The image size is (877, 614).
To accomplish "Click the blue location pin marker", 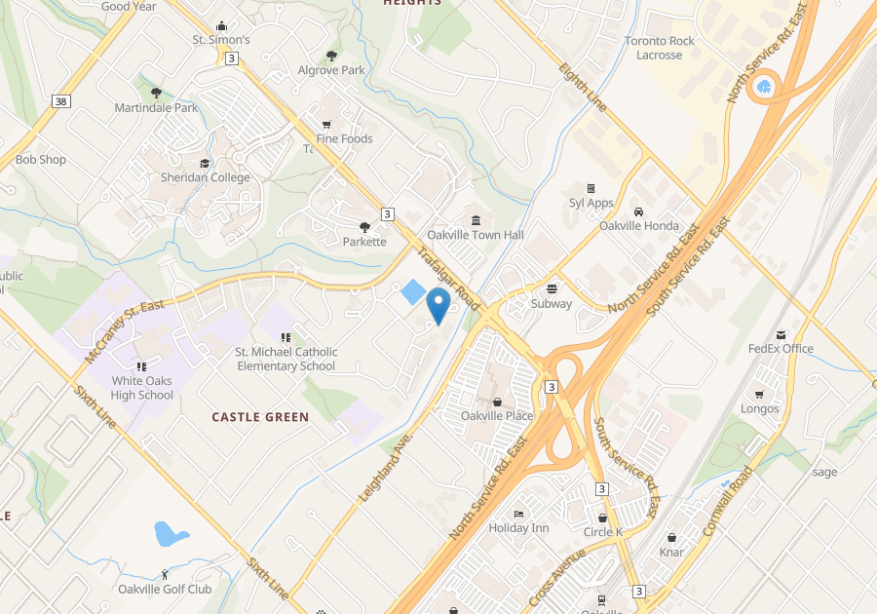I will [438, 305].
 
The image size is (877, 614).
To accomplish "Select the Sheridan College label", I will [205, 177].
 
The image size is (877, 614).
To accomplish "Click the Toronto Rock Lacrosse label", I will [660, 48].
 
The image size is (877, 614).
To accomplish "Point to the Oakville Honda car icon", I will [638, 211].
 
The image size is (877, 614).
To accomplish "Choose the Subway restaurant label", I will [552, 303].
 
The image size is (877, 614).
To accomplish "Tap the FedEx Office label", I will [781, 348].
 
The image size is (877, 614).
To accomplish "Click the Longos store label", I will [760, 408].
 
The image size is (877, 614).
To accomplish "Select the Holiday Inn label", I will [518, 527].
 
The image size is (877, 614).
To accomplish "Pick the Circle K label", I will [602, 532].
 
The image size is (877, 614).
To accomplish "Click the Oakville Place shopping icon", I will [497, 401].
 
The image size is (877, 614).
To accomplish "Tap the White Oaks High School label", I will [142, 388].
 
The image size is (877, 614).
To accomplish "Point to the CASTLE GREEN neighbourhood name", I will [260, 417].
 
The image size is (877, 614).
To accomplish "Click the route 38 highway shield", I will [61, 101].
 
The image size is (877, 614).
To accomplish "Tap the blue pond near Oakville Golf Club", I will [171, 533].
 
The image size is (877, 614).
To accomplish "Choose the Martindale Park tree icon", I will [156, 93].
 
